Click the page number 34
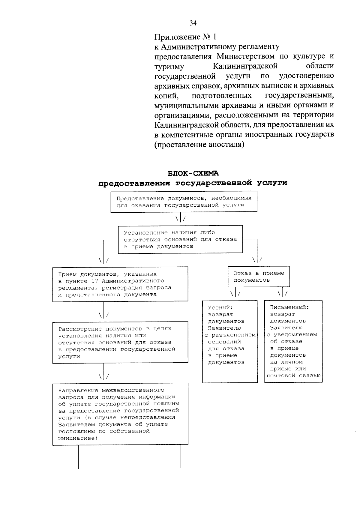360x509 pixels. [x=193, y=23]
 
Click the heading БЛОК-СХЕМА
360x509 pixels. [x=193, y=173]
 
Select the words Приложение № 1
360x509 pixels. [x=185, y=37]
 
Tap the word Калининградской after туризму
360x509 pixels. [x=245, y=66]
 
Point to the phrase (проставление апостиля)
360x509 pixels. [x=199, y=145]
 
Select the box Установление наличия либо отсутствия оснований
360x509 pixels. [x=180, y=239]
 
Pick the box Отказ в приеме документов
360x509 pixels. [x=259, y=277]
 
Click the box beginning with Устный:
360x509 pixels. [x=230, y=341]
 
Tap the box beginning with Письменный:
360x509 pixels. [x=293, y=341]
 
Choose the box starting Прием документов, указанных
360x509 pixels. [x=120, y=284]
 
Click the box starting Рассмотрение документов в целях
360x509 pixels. [x=120, y=342]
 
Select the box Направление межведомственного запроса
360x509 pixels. [x=120, y=414]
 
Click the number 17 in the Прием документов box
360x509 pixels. [x=92, y=281]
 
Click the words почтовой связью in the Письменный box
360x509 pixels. [x=293, y=376]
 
